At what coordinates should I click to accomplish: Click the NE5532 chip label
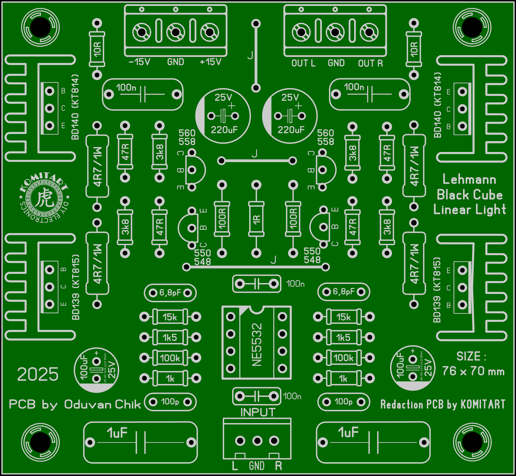tap(257, 345)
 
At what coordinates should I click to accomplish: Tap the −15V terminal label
tap(139, 62)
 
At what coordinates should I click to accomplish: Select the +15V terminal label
tap(210, 62)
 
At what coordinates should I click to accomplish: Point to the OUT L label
tap(303, 63)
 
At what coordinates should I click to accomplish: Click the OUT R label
tap(370, 63)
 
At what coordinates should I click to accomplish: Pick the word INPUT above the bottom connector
tap(258, 412)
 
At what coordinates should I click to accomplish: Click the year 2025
tap(38, 374)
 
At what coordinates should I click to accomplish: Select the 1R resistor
tap(257, 219)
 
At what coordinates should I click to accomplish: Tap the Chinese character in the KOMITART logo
tap(44, 198)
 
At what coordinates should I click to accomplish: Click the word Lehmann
tap(469, 180)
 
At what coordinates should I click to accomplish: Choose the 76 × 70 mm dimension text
tap(473, 371)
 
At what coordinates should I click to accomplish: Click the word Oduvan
tap(88, 405)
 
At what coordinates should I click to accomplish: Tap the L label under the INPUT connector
tap(235, 466)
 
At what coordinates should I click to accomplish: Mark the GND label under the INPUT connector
tap(257, 466)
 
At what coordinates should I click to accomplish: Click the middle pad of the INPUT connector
tap(257, 441)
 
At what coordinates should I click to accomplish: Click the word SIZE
tap(468, 356)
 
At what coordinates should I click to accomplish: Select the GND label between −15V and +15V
tap(176, 62)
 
